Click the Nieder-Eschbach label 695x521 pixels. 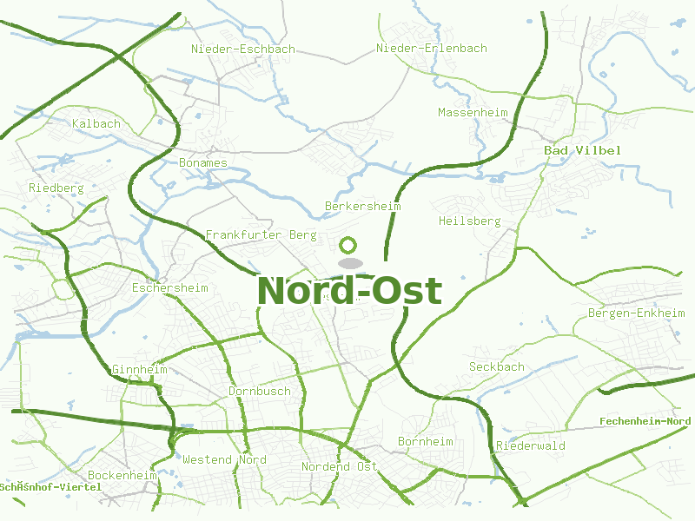tap(243, 49)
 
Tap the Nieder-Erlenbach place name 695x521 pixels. tap(432, 49)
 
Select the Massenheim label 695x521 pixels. tap(473, 113)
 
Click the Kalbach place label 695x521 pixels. tap(96, 124)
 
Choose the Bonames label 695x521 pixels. tap(203, 163)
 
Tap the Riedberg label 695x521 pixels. tap(56, 188)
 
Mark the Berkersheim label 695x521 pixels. tap(362, 207)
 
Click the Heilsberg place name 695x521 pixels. tap(470, 221)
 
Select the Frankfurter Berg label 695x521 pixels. tap(261, 235)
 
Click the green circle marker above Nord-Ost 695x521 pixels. tap(348, 246)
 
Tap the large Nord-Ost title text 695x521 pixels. tap(349, 291)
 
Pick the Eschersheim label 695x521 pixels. tap(170, 287)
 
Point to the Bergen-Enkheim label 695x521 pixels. tap(631, 313)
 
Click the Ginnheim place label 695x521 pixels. tap(139, 370)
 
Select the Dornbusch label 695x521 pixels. tap(260, 392)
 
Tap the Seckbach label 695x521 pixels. tap(497, 367)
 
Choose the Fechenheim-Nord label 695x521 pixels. tap(645, 422)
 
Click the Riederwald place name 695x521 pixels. tap(531, 446)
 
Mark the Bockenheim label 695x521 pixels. tap(122, 476)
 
